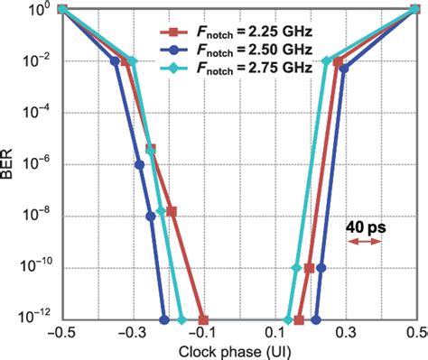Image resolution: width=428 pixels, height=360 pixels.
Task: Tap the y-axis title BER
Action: tap(9, 165)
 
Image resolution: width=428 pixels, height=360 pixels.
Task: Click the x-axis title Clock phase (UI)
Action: tap(238, 351)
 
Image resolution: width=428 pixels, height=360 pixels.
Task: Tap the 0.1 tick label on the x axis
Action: tap(275, 333)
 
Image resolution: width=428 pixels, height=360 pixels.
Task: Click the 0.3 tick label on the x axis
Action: tap(346, 333)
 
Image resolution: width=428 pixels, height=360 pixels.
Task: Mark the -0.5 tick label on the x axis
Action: tap(60, 333)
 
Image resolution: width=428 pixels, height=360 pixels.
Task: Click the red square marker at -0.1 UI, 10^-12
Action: tap(203, 320)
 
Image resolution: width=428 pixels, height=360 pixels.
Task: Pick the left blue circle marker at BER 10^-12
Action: tap(164, 320)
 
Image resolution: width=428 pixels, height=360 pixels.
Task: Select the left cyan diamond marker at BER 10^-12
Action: tap(182, 320)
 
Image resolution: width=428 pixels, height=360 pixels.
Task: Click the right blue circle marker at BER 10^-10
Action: tap(321, 268)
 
